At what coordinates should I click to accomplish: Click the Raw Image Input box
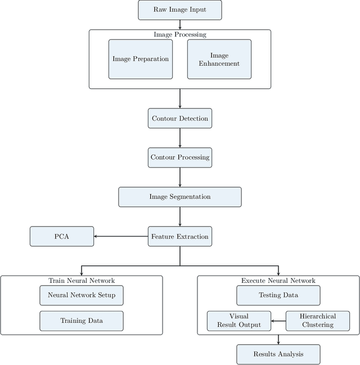tap(179, 10)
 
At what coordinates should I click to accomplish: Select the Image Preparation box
tap(141, 59)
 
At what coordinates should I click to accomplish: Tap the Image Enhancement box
tap(219, 59)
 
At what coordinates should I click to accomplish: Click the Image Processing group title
tap(179, 35)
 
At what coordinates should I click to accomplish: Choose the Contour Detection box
tap(179, 119)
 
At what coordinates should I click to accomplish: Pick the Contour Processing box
tap(179, 157)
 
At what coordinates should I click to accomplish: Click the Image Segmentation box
tap(179, 197)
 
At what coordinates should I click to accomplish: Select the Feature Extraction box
tap(179, 236)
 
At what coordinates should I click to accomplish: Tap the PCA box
tap(62, 236)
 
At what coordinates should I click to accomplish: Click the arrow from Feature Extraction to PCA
tap(120, 236)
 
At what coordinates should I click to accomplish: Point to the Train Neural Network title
tap(82, 280)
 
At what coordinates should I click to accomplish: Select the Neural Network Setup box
tap(82, 295)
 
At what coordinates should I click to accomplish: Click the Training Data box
tap(82, 321)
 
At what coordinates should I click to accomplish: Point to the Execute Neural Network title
tap(278, 280)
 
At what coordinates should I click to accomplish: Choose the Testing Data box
tap(278, 295)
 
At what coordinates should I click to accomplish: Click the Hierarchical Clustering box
tap(318, 321)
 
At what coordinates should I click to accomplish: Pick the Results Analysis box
tap(278, 354)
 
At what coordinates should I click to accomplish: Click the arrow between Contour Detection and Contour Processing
tap(179, 138)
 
